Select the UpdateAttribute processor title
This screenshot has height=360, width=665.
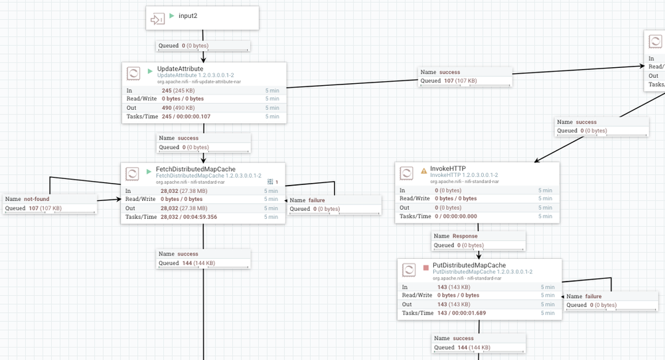pyautogui.click(x=180, y=69)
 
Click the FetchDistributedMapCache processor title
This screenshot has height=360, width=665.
pyautogui.click(x=196, y=169)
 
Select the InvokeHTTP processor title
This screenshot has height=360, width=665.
pyautogui.click(x=448, y=169)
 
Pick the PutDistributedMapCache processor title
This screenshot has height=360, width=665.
pyautogui.click(x=469, y=265)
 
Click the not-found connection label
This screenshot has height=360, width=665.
pyautogui.click(x=37, y=199)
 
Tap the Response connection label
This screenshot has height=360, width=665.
pyautogui.click(x=465, y=236)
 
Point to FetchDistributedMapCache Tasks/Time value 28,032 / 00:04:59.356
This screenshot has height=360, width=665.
pyautogui.click(x=188, y=217)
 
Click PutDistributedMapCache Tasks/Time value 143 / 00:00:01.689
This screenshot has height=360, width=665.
pyautogui.click(x=462, y=313)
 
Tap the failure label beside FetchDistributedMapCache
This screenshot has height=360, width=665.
pyautogui.click(x=317, y=200)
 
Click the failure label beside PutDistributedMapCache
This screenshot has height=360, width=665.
pyautogui.click(x=593, y=297)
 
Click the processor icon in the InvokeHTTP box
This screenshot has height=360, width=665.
pyautogui.click(x=406, y=174)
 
